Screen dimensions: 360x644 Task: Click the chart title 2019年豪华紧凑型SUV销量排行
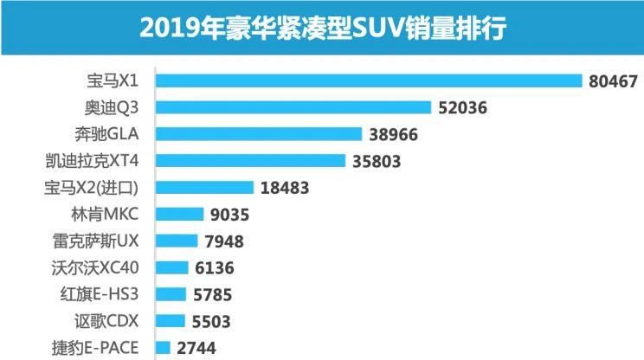pyautogui.click(x=322, y=29)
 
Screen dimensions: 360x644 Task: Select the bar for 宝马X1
pyautogui.click(x=368, y=80)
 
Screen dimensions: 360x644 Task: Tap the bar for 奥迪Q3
pyautogui.click(x=293, y=107)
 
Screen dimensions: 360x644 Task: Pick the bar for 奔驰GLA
pyautogui.click(x=258, y=134)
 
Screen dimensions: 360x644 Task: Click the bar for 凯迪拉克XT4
pyautogui.click(x=249, y=161)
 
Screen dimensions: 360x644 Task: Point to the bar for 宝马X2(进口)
pyautogui.click(x=204, y=188)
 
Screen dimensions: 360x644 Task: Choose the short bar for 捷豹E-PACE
pyautogui.click(x=163, y=348)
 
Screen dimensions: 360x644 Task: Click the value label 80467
pyautogui.click(x=612, y=81)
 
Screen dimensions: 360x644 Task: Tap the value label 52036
pyautogui.click(x=462, y=108)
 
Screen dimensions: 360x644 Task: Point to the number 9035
pyautogui.click(x=229, y=215)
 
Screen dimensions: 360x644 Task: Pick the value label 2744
pyautogui.click(x=196, y=349)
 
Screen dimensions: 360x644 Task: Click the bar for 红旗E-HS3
pyautogui.click(x=171, y=294)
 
